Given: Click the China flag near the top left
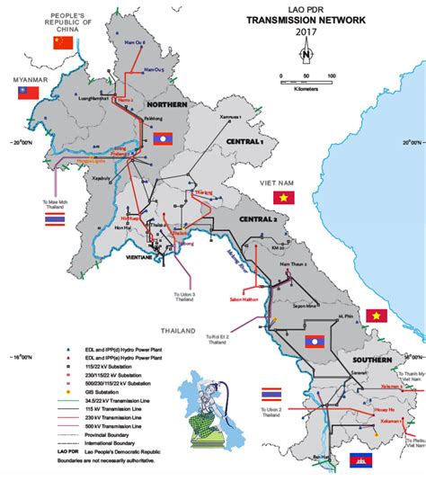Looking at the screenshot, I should point(63,42).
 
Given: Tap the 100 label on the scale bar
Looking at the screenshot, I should point(332,76).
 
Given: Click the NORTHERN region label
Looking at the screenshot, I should point(167,105).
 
